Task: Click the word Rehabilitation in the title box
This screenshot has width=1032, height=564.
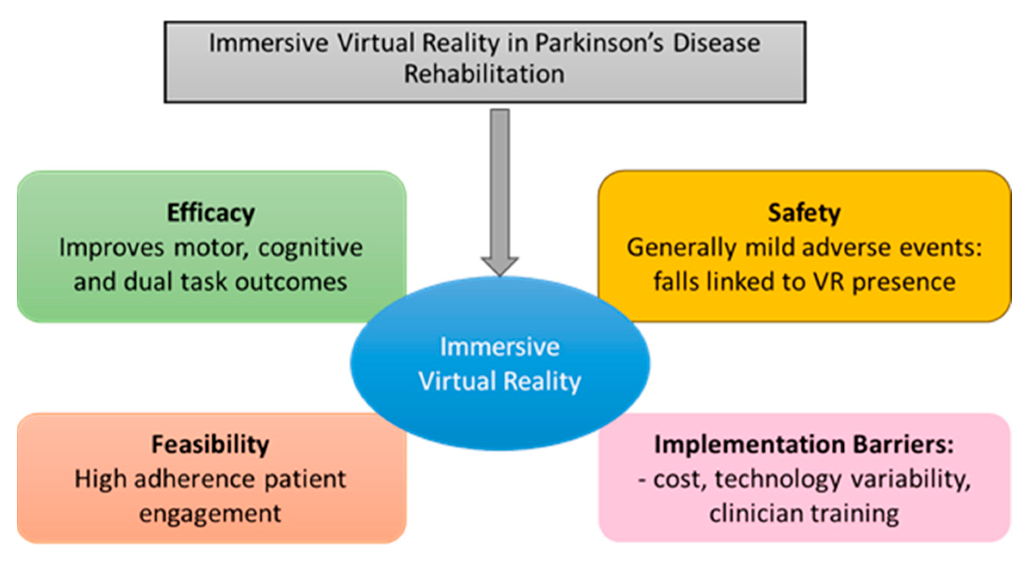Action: [x=484, y=74]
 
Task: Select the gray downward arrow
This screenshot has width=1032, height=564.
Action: [x=500, y=189]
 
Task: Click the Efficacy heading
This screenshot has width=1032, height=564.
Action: [x=211, y=213]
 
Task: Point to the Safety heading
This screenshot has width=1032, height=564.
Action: [x=804, y=213]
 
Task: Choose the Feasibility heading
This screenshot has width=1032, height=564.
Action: [x=211, y=444]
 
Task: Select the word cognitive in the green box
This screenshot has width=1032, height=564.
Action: [x=311, y=248]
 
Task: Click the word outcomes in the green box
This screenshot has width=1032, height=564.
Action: [x=291, y=283]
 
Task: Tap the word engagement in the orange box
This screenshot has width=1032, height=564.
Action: [x=210, y=514]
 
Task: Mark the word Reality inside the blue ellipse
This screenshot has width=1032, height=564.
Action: [x=542, y=382]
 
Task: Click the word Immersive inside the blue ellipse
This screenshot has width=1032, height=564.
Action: [x=500, y=347]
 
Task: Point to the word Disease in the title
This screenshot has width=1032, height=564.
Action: [x=717, y=43]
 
